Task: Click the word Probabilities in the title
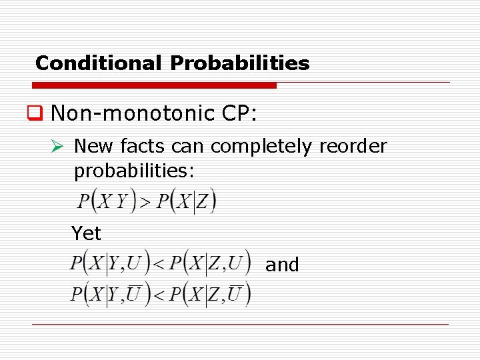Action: [x=240, y=63]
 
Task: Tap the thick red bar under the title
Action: [x=154, y=86]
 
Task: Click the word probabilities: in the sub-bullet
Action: [x=134, y=171]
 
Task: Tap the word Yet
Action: [x=86, y=233]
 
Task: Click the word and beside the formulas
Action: [x=282, y=265]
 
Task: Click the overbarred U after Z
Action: [x=236, y=293]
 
